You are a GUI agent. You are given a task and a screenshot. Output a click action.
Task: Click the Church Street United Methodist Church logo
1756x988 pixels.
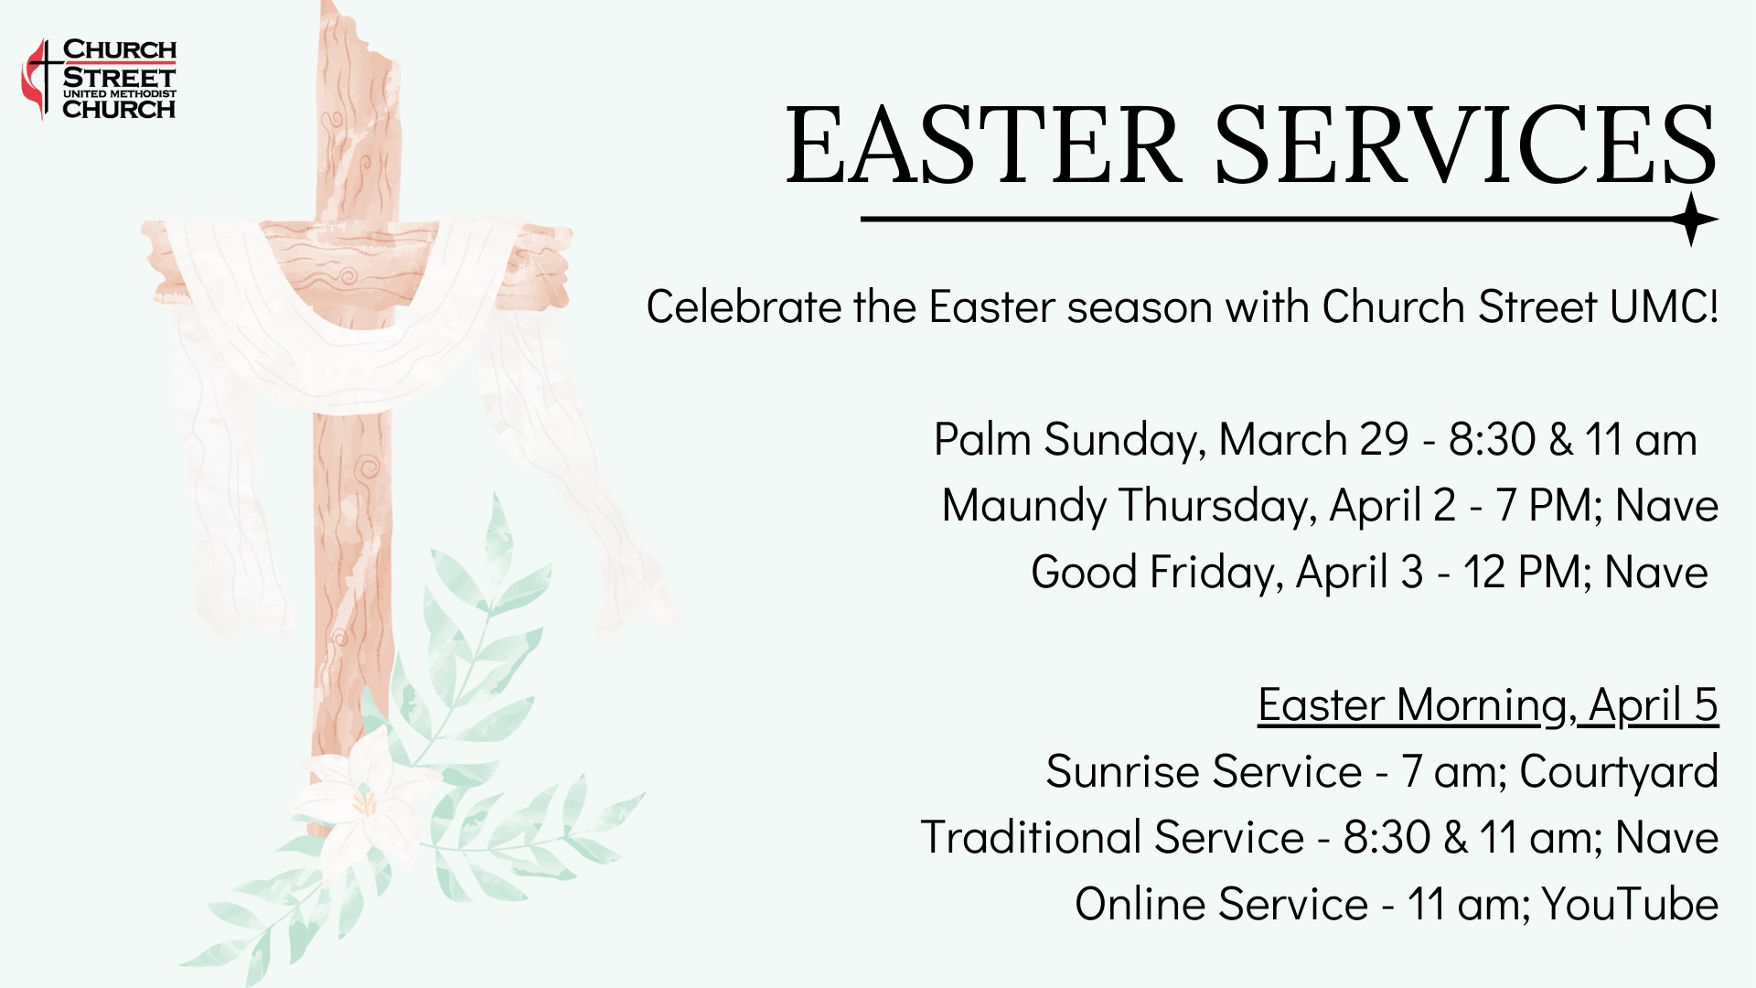[99, 79]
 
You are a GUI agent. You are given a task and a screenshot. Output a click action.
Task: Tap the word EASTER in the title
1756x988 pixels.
[984, 145]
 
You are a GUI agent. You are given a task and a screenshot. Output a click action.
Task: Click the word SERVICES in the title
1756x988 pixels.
[1465, 145]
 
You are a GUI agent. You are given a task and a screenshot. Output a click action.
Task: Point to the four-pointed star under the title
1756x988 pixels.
[1692, 220]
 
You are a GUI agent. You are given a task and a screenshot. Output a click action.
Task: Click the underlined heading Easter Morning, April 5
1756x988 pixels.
[1488, 706]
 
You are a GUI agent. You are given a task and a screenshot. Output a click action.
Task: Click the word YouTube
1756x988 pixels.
[1630, 904]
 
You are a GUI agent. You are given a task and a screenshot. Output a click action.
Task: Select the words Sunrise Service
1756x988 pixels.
[1204, 771]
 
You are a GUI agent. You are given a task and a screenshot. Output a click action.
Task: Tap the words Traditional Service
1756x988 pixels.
[1112, 837]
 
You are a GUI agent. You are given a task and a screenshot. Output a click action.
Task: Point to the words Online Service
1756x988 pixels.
[1221, 904]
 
